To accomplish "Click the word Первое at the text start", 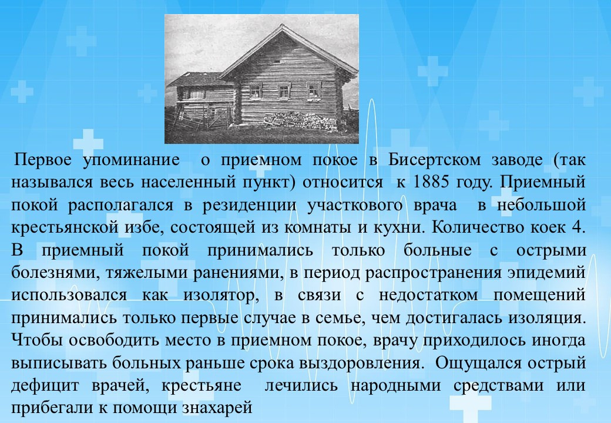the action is click(x=43, y=160).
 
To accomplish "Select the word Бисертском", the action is click(x=434, y=160).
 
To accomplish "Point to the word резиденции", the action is click(x=249, y=205).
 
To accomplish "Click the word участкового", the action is click(x=355, y=205).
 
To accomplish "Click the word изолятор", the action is click(x=221, y=296).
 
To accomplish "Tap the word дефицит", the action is click(x=45, y=385).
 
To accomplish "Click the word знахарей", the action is click(x=217, y=408).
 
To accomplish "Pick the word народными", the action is click(x=395, y=385).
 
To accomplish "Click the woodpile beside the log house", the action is click(x=299, y=121).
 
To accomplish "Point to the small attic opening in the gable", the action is click(x=277, y=62).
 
